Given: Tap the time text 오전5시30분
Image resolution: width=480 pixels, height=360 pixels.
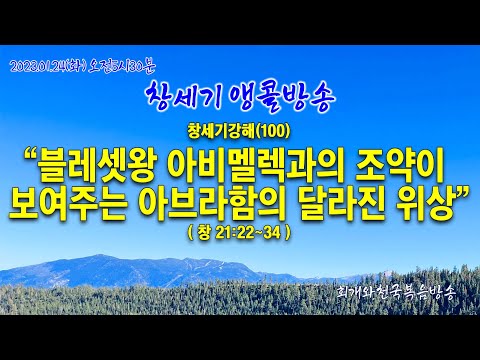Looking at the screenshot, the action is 122,66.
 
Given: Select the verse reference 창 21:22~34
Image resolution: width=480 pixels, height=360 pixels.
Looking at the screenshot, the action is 239,233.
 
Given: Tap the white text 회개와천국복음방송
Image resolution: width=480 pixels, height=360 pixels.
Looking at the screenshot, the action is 395,293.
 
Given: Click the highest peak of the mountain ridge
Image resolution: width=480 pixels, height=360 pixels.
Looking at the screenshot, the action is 100,255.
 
